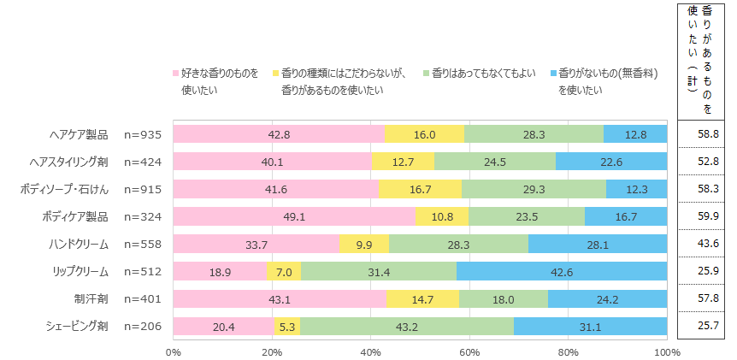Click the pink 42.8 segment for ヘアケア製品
click(278, 134)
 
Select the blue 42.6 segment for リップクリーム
click(562, 271)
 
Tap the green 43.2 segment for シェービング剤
click(406, 326)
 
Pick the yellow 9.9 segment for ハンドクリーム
click(364, 244)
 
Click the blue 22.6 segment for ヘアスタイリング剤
click(610, 162)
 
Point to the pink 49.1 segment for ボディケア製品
click(294, 216)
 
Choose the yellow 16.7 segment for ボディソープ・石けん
click(421, 189)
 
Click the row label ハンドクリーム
click(79, 244)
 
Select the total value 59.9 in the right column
click(706, 216)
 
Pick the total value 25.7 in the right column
click(706, 326)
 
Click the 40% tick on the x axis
click(370, 351)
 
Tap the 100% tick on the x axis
click(666, 351)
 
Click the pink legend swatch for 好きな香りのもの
click(176, 74)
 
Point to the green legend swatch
click(427, 74)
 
